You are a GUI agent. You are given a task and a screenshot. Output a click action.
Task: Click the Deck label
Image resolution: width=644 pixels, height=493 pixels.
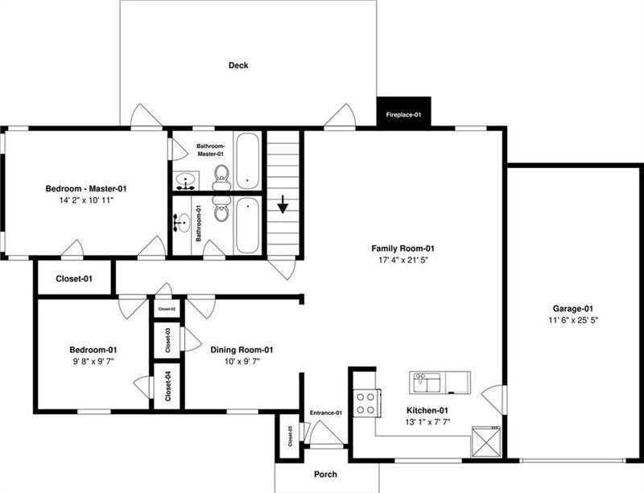(x=237, y=65)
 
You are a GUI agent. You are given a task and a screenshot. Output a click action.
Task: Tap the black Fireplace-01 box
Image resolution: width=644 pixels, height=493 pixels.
(x=403, y=114)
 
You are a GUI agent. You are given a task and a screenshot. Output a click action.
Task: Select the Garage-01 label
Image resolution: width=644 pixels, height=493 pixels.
(x=573, y=308)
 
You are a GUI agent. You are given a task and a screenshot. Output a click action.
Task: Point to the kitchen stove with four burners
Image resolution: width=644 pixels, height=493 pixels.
(x=365, y=402)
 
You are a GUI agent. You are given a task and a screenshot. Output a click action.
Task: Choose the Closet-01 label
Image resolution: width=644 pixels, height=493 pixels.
(x=74, y=279)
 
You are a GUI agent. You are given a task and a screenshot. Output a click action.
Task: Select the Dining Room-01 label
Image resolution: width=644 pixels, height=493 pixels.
(x=242, y=350)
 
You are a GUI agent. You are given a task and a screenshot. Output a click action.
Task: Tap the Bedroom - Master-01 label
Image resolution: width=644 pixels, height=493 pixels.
(x=85, y=188)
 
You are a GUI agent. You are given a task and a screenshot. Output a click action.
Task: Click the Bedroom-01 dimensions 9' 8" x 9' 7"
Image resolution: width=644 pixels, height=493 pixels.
(x=93, y=362)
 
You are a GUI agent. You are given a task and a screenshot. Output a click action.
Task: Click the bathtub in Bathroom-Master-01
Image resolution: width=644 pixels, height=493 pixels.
(x=247, y=161)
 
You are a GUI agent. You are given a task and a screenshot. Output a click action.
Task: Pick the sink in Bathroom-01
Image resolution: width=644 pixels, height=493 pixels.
(x=184, y=219)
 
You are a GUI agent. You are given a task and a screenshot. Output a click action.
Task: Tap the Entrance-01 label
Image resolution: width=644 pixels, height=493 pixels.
(x=326, y=413)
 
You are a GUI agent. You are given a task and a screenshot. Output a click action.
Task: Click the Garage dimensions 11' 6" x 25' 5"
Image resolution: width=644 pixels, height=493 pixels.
(x=573, y=320)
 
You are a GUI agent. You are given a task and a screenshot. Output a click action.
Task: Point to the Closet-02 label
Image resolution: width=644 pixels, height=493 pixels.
(x=167, y=308)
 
